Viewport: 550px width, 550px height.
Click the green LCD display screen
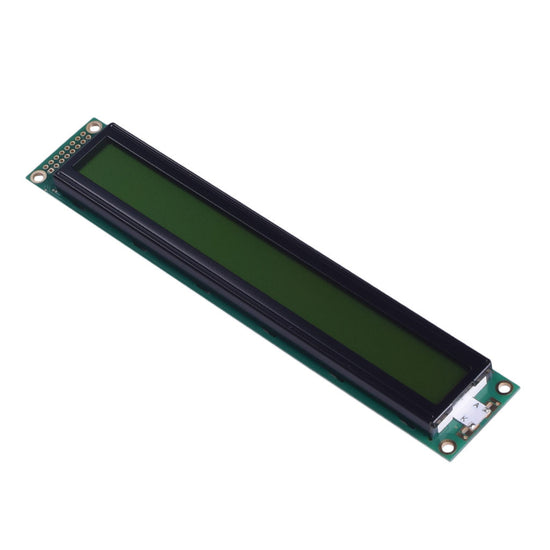click(x=270, y=270)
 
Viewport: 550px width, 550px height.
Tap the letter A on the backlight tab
click(x=477, y=404)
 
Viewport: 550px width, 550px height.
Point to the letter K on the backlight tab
click(x=463, y=418)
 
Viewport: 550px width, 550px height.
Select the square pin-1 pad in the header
click(x=51, y=170)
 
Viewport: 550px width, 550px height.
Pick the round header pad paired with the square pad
click(x=46, y=167)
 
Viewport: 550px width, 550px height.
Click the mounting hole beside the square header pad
click(x=38, y=178)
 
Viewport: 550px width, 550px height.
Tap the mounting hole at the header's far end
click(x=94, y=128)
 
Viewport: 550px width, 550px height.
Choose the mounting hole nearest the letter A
click(x=505, y=387)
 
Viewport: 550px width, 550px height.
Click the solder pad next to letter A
click(x=493, y=405)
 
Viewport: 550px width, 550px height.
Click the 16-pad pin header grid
click(x=67, y=153)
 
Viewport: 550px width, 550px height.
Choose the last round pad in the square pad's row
click(x=88, y=137)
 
